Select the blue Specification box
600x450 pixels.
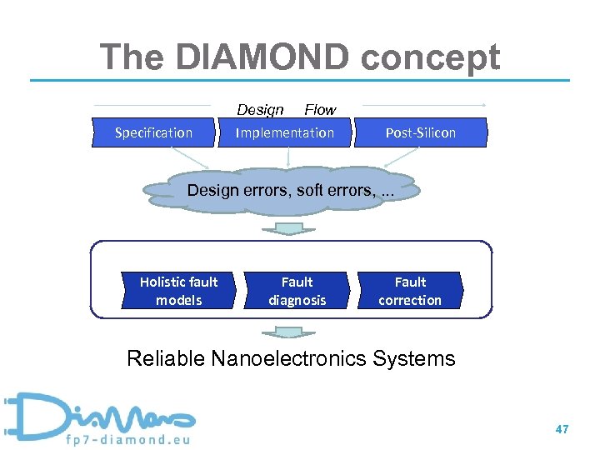[x=153, y=133]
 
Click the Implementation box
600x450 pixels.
[x=284, y=133]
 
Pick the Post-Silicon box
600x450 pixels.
[x=421, y=133]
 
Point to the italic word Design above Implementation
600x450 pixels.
[x=260, y=110]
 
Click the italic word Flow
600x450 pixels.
[x=320, y=110]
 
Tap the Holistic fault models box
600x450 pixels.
[x=178, y=291]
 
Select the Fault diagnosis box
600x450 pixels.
[x=297, y=291]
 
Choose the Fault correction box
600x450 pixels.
[x=410, y=291]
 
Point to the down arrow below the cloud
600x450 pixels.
[x=288, y=228]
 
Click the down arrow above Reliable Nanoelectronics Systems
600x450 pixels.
[x=288, y=332]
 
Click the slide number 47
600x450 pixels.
[x=562, y=429]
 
